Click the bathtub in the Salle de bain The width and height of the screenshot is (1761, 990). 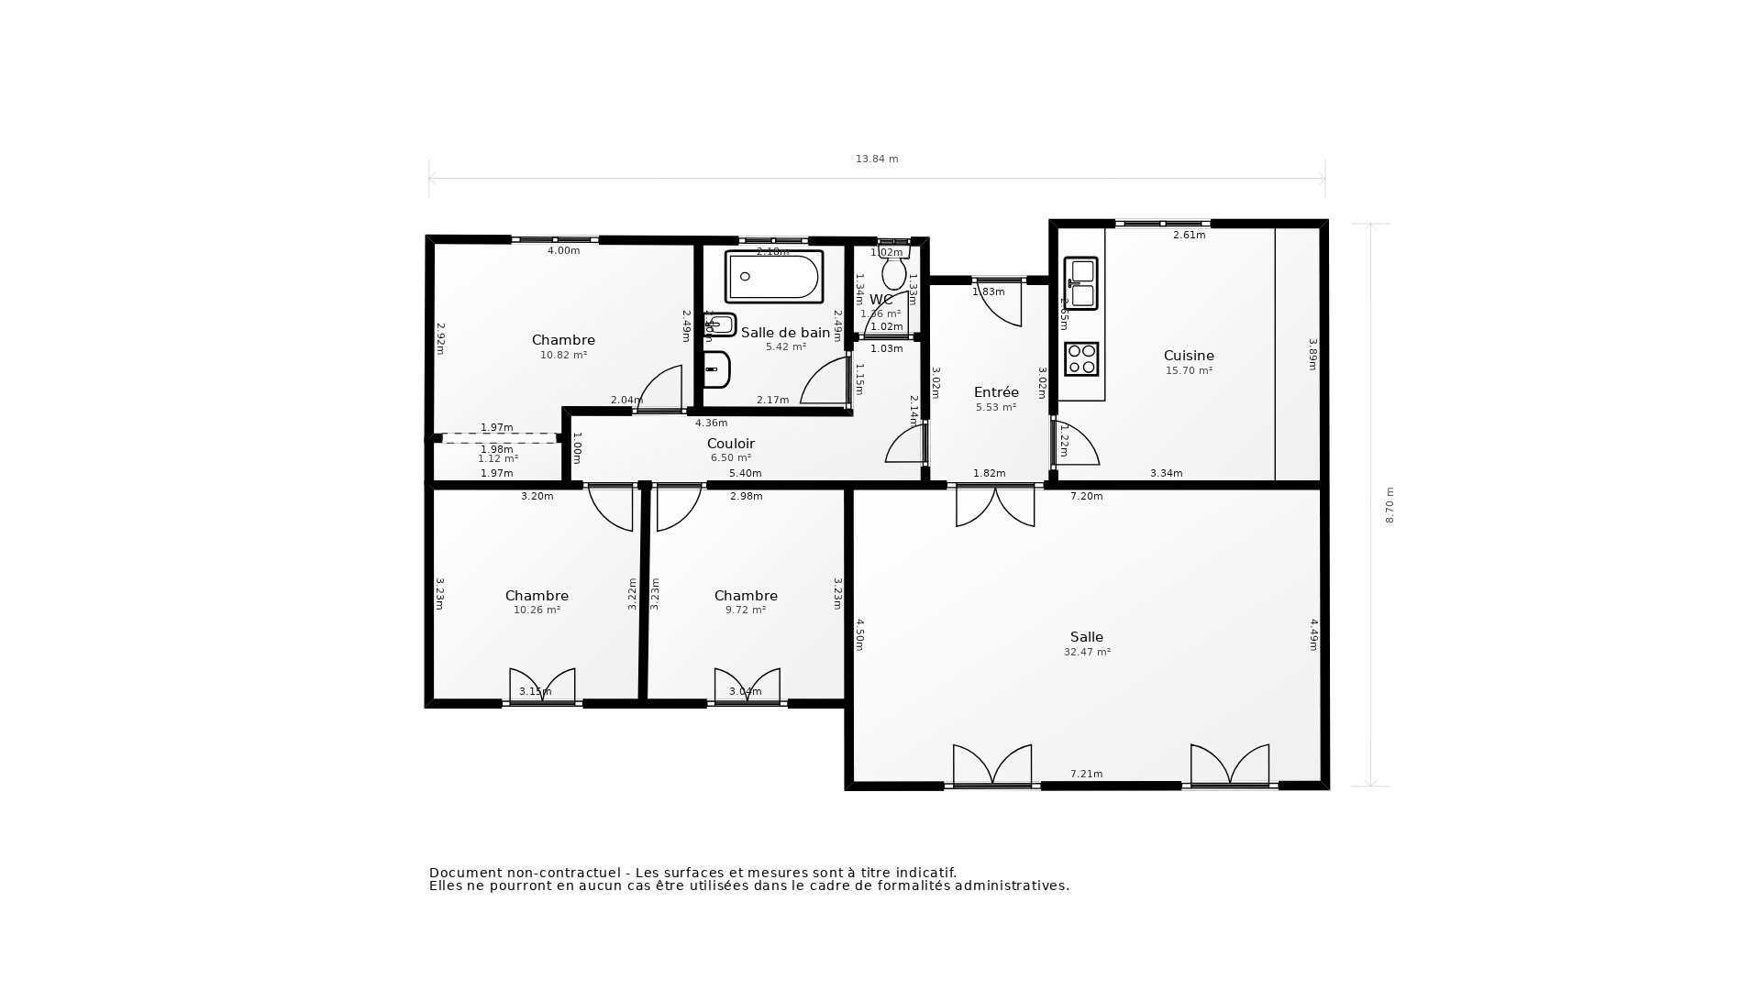coord(774,277)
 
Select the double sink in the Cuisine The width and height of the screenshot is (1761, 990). coord(1081,283)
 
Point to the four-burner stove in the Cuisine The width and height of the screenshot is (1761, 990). coord(1081,359)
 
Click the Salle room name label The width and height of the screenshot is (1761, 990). coord(1087,637)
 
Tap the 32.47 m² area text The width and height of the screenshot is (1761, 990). coord(1087,653)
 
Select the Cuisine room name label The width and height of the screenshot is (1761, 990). coord(1189,356)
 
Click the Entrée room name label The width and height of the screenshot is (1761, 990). coord(996,392)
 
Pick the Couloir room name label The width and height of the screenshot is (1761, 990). coord(731,444)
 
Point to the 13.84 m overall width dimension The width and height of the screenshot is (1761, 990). coord(877,159)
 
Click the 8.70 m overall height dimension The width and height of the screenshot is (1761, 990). coord(1390,505)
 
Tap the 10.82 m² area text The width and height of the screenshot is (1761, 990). coord(563,356)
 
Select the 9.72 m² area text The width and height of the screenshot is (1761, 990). coord(746,610)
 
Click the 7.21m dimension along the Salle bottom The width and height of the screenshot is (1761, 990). coord(1087,775)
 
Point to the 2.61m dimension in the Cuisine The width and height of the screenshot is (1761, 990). coord(1189,236)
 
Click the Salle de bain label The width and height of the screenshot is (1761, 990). coord(785,333)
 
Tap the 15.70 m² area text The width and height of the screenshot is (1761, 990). coord(1189,371)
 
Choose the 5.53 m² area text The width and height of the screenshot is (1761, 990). coord(996,408)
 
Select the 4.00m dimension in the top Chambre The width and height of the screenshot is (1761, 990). coord(563,251)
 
